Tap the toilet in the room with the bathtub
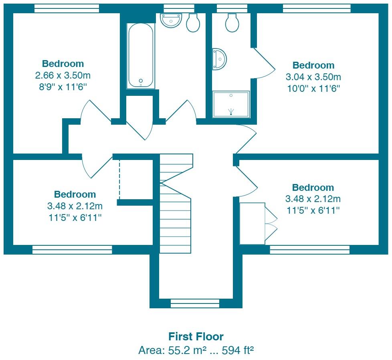193,23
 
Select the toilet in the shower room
232,23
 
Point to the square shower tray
231,104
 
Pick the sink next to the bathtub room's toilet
171,20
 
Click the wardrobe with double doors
253,223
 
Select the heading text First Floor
196,336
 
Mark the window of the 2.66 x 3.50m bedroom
67,8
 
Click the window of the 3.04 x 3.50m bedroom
317,8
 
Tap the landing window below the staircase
195,303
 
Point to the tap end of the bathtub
141,82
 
